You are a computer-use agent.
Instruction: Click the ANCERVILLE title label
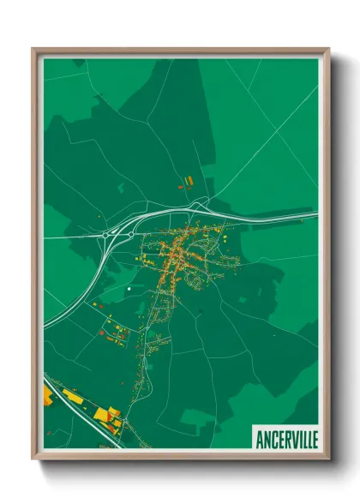285,439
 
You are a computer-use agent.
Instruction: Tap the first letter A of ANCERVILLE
259,439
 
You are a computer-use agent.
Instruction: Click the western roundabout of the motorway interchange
106,234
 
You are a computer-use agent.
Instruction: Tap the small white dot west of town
128,290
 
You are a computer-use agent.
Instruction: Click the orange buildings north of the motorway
186,181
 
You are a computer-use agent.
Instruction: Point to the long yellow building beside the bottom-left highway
74,398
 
